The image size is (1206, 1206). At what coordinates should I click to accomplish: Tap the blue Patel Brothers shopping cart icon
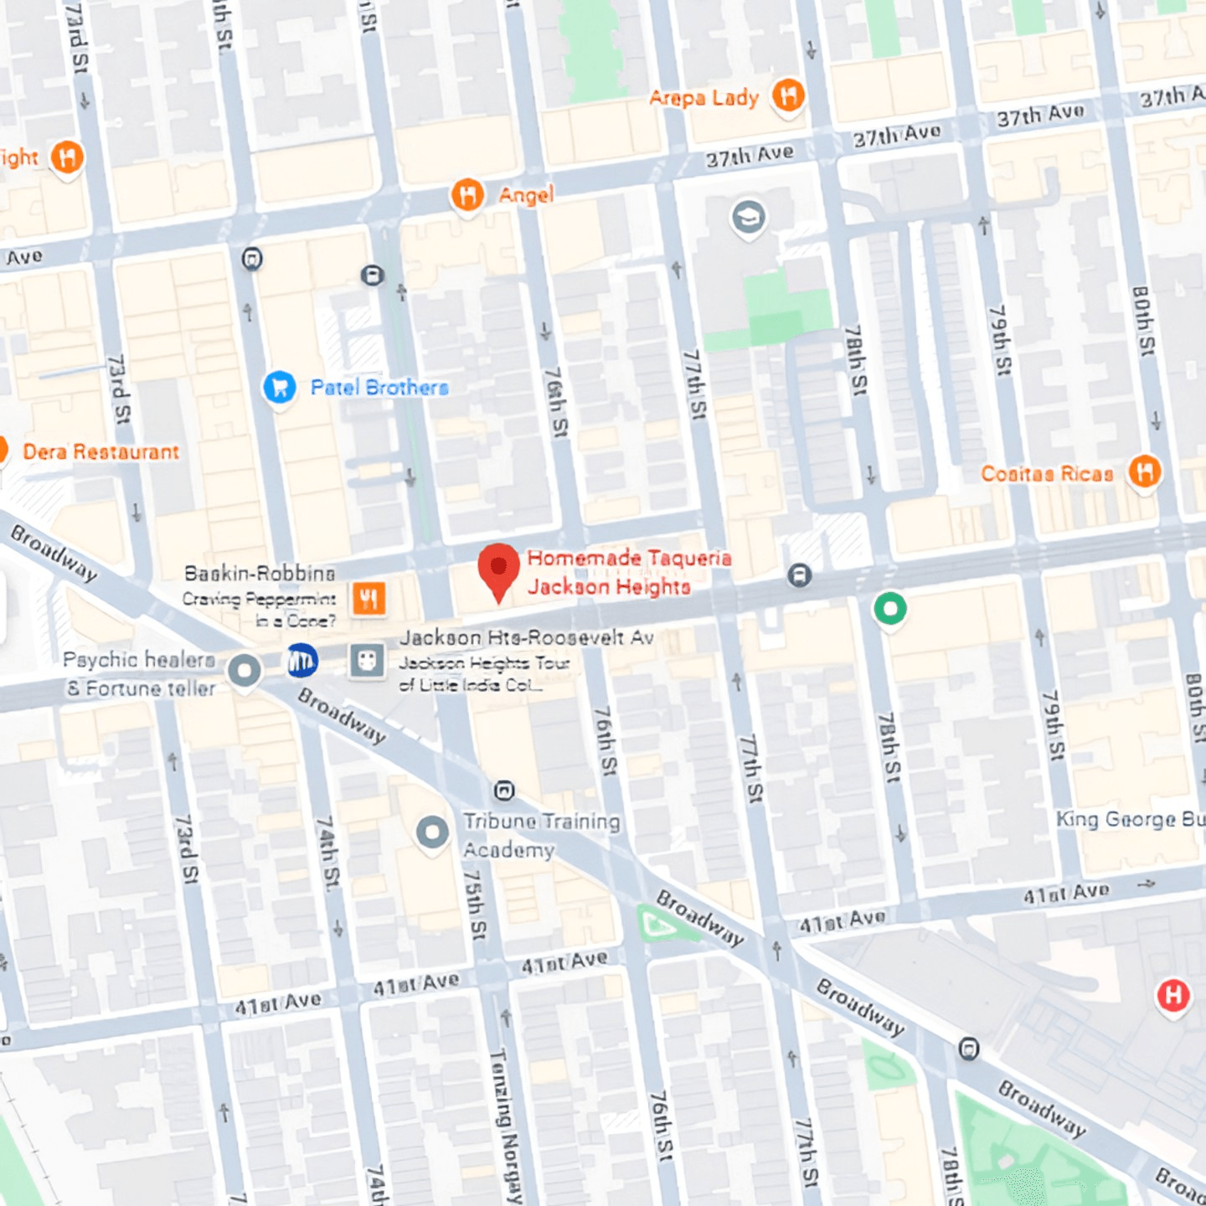point(280,387)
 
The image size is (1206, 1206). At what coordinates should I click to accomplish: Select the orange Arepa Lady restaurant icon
point(787,95)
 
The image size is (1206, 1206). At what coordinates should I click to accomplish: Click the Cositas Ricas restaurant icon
point(1144,472)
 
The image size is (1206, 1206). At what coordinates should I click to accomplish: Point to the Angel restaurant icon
point(467,195)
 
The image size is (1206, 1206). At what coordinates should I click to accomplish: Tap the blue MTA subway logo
point(301,661)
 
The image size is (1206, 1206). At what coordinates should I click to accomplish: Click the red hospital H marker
point(1172,995)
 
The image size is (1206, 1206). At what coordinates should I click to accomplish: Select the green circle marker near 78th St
point(889,609)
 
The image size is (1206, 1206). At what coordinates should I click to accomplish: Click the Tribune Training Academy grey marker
point(432,833)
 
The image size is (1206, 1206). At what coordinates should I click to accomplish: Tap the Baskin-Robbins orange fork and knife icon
point(368,598)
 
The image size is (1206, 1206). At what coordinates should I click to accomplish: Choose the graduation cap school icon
point(748,218)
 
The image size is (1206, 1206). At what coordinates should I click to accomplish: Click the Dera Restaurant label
point(100,452)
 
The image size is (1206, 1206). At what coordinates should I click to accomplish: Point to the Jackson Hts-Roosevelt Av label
point(526,638)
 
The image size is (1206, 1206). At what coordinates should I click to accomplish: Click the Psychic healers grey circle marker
point(245,671)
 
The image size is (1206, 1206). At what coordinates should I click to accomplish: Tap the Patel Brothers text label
point(379,388)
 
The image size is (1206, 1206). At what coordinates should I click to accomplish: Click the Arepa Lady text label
point(703,98)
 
